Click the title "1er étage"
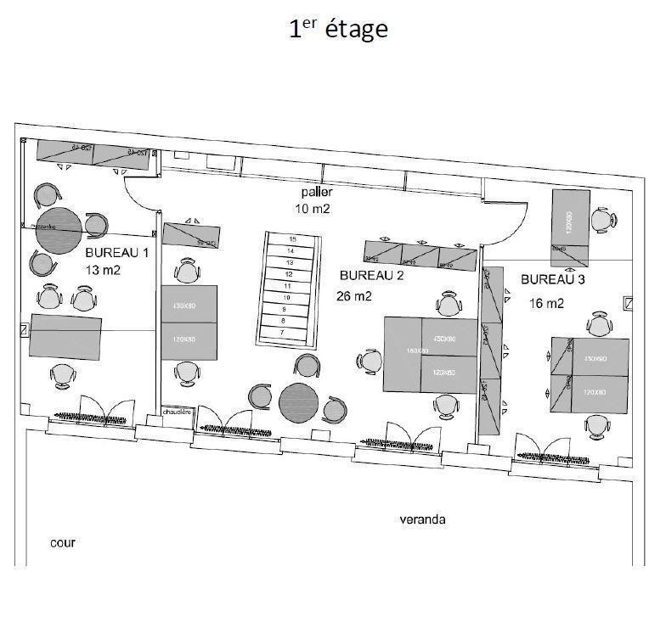tap(338, 29)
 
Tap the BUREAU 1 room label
tap(116, 253)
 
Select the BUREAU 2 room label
tap(370, 276)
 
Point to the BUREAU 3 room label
tap(552, 279)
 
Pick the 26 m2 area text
tap(355, 296)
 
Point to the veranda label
tap(422, 519)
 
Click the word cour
tap(63, 542)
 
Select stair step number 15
tap(291, 239)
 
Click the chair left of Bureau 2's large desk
tap(370, 361)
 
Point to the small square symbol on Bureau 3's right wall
tap(628, 302)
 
